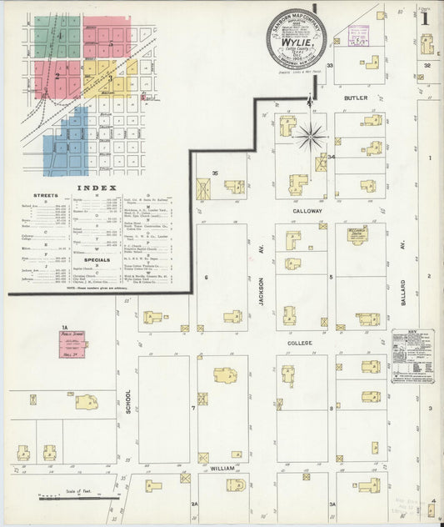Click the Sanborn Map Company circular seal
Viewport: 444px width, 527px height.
(x=297, y=38)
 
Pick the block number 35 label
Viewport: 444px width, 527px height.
(x=214, y=173)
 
